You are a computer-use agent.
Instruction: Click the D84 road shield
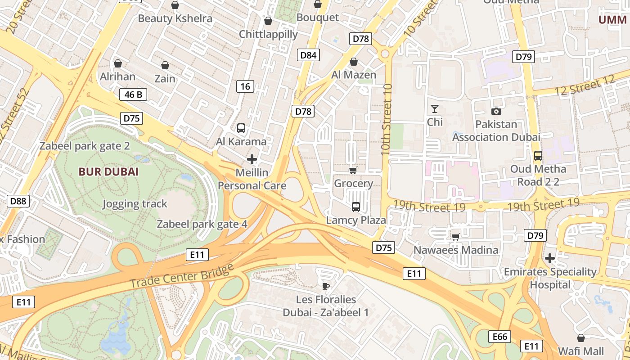coord(308,55)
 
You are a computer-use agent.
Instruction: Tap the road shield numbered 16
coord(245,86)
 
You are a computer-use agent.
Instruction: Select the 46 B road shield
coord(133,94)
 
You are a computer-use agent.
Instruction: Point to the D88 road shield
coord(18,201)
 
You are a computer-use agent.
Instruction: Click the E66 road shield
coord(499,337)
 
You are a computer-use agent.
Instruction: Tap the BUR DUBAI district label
coord(108,172)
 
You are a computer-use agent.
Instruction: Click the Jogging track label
coord(135,204)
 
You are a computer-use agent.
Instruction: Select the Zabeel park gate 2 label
coord(85,146)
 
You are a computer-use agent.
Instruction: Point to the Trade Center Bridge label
coord(182,276)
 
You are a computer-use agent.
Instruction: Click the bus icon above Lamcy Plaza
coord(356,207)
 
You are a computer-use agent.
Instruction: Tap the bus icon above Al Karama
coord(241,128)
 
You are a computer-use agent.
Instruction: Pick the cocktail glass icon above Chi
coord(435,109)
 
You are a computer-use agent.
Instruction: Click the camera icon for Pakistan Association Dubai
coord(496,111)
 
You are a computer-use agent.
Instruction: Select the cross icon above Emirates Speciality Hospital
coord(549,258)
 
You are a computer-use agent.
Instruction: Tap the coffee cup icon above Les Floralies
coord(326,286)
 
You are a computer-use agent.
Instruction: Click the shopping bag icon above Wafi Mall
coord(581,338)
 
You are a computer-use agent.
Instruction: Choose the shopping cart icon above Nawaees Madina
coord(455,237)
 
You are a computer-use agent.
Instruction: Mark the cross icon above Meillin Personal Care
coord(252,159)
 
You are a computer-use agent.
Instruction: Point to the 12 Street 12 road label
coord(585,85)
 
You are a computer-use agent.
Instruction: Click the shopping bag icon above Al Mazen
coord(354,62)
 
